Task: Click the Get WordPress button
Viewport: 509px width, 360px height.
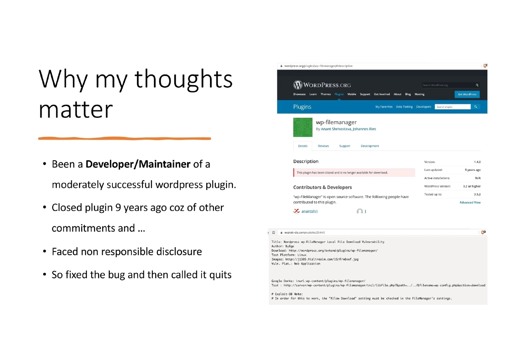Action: click(467, 94)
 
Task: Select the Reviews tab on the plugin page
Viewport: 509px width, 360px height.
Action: click(323, 146)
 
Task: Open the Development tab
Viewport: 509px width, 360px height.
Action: click(369, 146)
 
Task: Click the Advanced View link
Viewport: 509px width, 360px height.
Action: click(470, 202)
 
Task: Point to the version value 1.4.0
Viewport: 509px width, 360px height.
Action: click(477, 162)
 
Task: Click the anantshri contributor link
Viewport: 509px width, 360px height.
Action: click(309, 211)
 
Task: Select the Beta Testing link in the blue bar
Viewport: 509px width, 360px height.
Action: click(404, 107)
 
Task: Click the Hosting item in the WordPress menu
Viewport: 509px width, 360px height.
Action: click(419, 94)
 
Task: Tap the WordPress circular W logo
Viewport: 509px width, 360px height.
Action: click(298, 84)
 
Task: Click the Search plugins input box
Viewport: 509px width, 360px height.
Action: click(453, 107)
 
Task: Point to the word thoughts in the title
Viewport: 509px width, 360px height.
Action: click(184, 79)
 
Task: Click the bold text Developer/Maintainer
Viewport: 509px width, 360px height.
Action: click(138, 164)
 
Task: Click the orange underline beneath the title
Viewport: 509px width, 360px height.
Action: click(124, 138)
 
